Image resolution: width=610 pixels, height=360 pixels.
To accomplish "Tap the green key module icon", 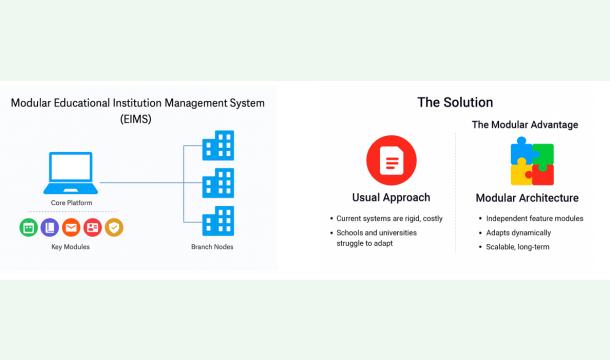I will point(28,227).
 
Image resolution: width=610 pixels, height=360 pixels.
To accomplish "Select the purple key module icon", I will point(49,227).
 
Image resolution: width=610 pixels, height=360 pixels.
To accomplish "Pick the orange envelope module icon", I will point(71,227).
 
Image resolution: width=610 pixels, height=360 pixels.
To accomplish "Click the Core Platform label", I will point(71,203).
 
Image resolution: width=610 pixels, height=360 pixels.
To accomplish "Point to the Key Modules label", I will point(71,246).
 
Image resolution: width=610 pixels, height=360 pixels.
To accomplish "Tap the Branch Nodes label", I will point(211,246).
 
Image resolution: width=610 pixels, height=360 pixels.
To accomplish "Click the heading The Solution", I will point(455,102).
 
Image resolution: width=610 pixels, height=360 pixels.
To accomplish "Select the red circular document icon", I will point(390,161).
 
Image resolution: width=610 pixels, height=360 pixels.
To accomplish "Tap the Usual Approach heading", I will point(390,197).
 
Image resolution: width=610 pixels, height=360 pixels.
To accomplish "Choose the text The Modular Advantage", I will point(525,125).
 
